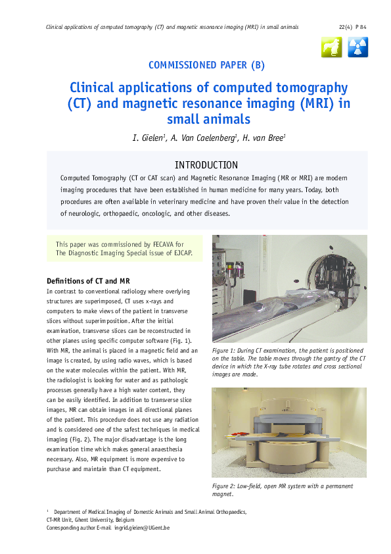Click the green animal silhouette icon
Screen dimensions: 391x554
(332, 47)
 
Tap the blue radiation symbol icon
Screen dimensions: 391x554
(357, 47)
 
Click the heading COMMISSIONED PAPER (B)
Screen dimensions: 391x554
(207, 64)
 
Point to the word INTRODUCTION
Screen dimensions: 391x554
(206, 164)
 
